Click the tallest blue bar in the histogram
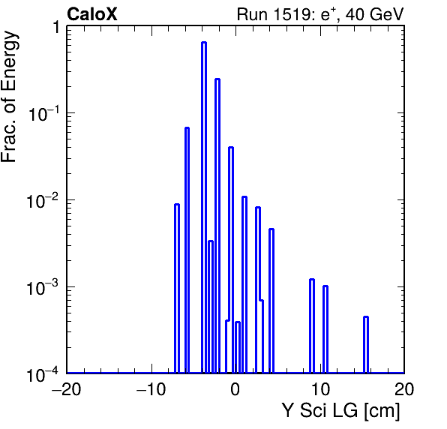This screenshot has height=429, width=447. pyautogui.click(x=204, y=207)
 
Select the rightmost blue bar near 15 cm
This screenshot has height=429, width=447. pyautogui.click(x=366, y=345)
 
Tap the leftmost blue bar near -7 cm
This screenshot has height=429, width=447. pyautogui.click(x=177, y=289)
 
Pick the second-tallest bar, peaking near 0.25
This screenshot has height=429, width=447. pyautogui.click(x=217, y=226)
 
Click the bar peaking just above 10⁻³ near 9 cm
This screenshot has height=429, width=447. pyautogui.click(x=312, y=325)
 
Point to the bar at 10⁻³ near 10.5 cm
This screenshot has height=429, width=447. pyautogui.click(x=325, y=329)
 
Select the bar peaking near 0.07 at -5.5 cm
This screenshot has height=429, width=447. pyautogui.click(x=187, y=250)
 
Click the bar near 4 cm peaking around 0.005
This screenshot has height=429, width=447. pyautogui.click(x=271, y=301)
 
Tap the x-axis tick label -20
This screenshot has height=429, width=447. pyautogui.click(x=66, y=388)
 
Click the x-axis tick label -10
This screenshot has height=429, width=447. pyautogui.click(x=151, y=388)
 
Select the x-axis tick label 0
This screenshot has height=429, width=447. pyautogui.click(x=235, y=388)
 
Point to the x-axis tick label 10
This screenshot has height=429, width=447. pyautogui.click(x=320, y=388)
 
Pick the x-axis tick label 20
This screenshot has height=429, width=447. pyautogui.click(x=404, y=388)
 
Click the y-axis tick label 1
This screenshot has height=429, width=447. pyautogui.click(x=56, y=28)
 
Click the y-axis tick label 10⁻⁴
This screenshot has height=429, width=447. pyautogui.click(x=43, y=374)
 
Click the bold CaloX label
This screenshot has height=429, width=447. pyautogui.click(x=91, y=14)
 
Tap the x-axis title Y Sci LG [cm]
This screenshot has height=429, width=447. pyautogui.click(x=341, y=411)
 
